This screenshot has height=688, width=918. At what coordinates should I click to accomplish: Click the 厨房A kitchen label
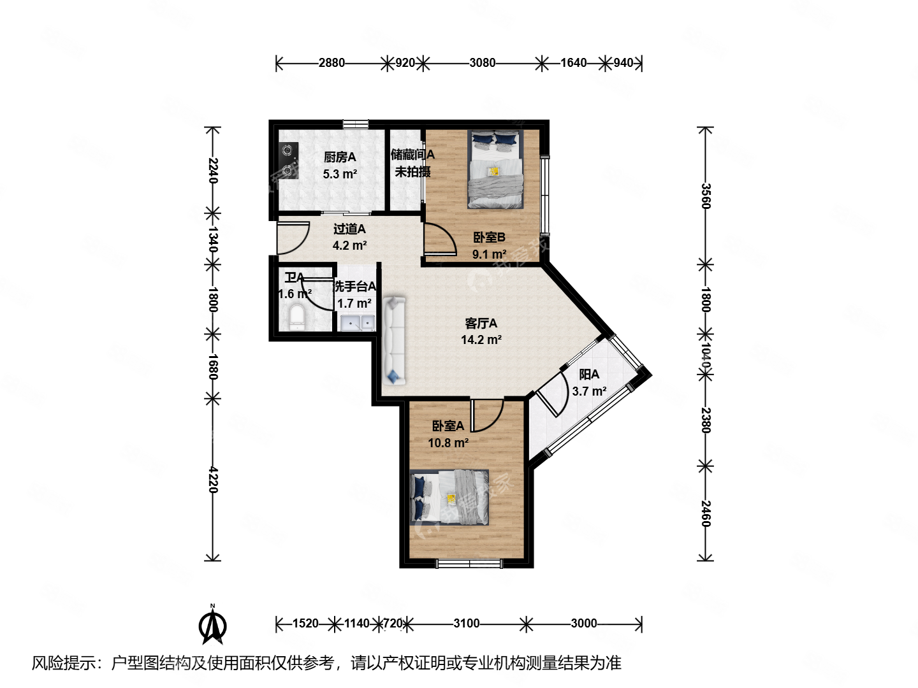340,157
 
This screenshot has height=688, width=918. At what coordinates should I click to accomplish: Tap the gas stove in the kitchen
290,161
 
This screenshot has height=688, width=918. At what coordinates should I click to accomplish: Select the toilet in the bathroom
298,318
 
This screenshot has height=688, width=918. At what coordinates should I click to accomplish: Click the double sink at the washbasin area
357,323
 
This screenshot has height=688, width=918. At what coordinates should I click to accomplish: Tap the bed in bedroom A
450,498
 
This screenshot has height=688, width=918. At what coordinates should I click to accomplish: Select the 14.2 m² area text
481,340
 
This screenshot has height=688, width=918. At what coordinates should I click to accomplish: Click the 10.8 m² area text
448,443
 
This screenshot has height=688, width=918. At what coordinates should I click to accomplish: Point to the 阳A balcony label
589,375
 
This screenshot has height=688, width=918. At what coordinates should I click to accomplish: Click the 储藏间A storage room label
412,155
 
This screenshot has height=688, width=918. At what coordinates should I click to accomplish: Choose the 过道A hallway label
349,229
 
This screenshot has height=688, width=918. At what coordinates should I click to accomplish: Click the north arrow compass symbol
213,626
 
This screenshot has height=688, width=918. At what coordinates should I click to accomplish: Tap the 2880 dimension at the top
331,63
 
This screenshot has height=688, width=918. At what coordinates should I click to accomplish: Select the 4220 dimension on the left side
213,480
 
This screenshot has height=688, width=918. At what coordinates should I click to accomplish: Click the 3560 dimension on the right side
705,196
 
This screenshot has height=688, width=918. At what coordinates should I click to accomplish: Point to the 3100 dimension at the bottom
466,624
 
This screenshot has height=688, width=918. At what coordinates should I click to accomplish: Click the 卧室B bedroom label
489,238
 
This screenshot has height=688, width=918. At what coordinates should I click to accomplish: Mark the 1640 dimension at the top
573,63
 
